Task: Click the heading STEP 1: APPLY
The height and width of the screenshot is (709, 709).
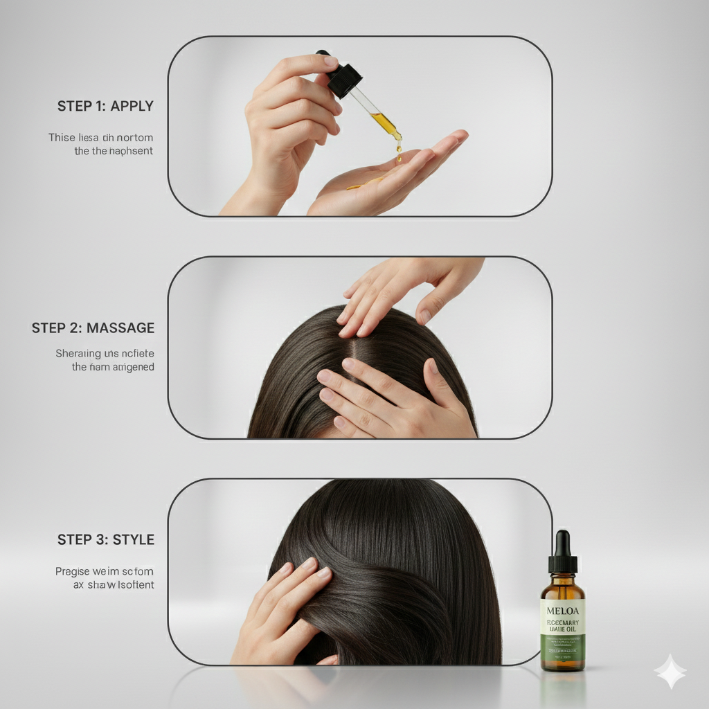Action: coord(105,107)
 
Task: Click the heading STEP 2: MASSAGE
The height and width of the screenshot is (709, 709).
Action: coord(93,328)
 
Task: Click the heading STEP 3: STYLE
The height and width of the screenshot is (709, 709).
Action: coord(105,540)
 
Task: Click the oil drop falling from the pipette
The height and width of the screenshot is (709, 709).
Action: coord(399,147)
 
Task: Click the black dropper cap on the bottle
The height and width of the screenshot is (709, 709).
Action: coord(562,554)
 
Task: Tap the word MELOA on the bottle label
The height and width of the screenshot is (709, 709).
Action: coord(562,611)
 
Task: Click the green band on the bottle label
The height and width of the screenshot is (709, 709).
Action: coord(562,647)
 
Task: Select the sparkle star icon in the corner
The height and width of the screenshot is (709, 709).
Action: coord(670,671)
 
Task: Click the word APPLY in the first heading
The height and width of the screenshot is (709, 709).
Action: coord(132,107)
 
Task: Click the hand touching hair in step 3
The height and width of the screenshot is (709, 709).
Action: coord(284,609)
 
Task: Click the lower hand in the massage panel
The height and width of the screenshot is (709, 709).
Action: coord(388,398)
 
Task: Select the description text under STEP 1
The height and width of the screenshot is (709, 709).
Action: coord(100,144)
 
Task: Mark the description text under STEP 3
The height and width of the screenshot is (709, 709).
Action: coord(104,578)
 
